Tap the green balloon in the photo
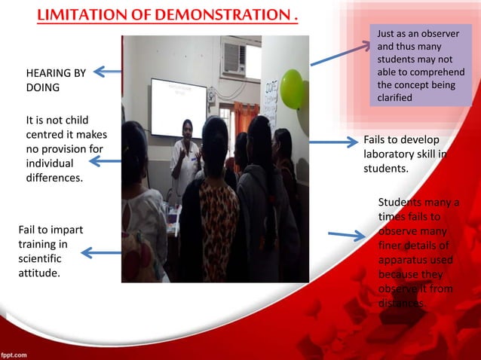tap(291, 88)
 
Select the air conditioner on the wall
tap(234, 56)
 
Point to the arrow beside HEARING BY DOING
tap(107, 72)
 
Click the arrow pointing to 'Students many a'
tap(347, 236)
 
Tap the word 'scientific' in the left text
tap(41, 258)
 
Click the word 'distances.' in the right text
tap(403, 303)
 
